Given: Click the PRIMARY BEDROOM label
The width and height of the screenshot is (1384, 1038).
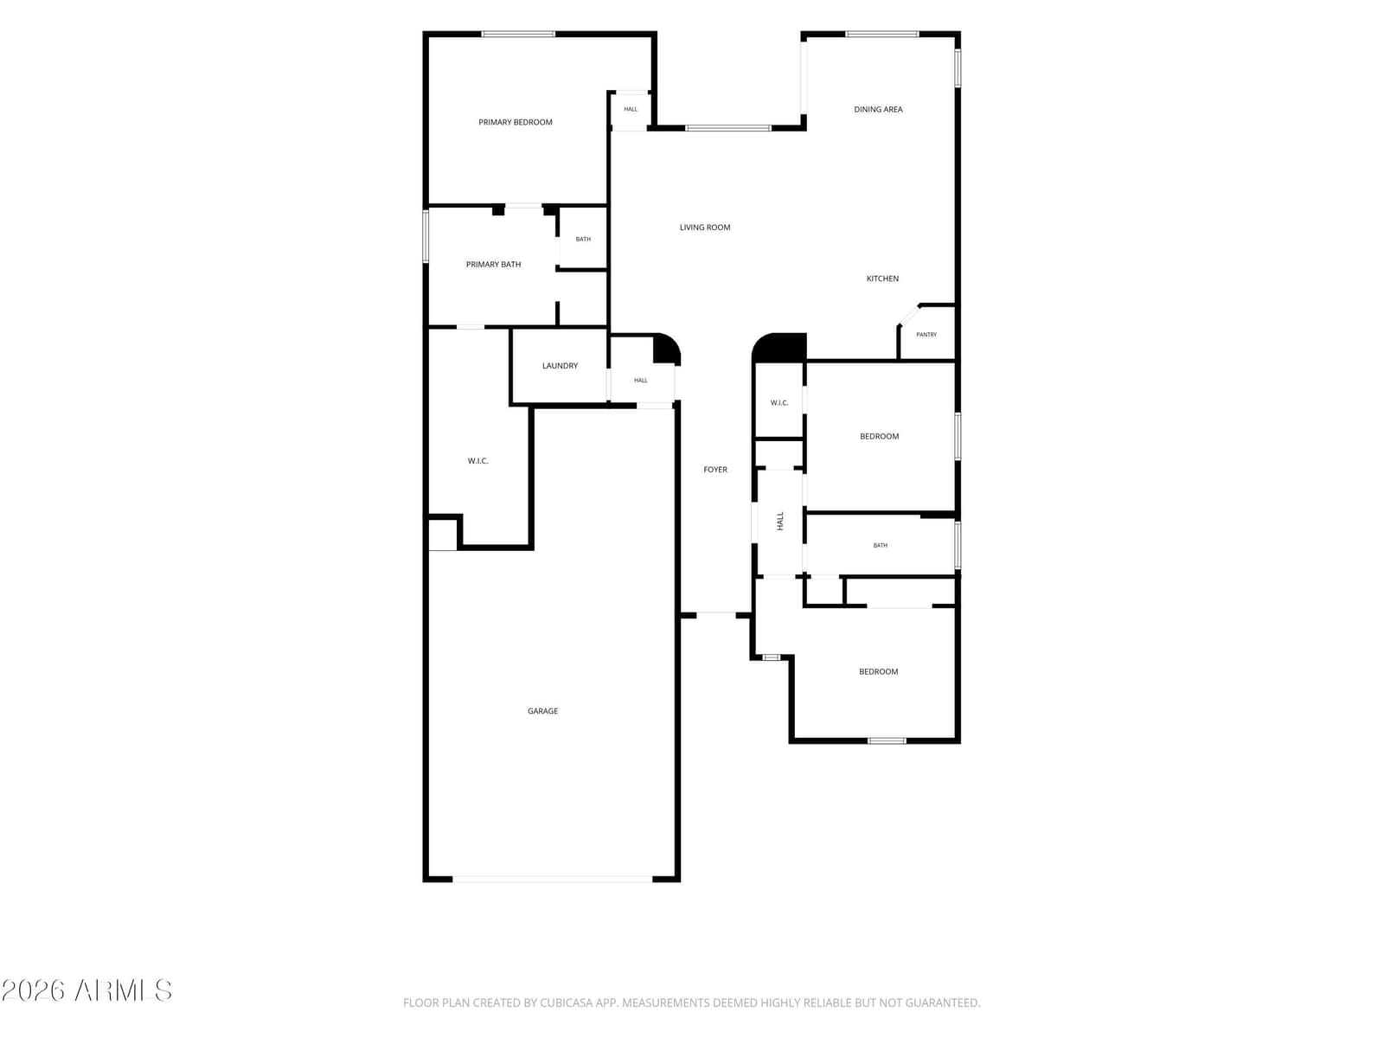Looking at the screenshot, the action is [516, 122].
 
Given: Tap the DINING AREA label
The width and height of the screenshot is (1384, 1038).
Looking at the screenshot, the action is [878, 110].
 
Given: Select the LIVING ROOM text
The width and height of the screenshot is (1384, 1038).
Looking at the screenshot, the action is [705, 227].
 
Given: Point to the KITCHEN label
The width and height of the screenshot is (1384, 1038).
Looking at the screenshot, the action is [882, 279].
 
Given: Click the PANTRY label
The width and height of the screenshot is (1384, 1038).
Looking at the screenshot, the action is [926, 335].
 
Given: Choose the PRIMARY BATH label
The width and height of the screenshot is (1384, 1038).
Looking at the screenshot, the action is [493, 265].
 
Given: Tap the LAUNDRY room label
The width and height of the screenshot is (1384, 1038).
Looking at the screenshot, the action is [560, 366].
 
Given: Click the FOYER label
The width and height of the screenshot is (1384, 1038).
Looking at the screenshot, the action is [715, 470].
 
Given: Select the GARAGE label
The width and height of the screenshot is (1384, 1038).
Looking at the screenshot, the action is [542, 711].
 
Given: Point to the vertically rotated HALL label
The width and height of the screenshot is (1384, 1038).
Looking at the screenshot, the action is [780, 521].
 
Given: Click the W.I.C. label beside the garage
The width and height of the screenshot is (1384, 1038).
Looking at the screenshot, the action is [478, 461].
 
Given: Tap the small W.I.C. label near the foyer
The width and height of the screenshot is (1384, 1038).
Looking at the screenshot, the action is [779, 403].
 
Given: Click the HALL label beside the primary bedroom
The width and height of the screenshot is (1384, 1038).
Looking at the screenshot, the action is [631, 109].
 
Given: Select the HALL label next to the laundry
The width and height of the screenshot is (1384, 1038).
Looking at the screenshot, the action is [641, 380].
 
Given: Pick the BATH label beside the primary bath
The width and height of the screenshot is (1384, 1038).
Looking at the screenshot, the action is [583, 239].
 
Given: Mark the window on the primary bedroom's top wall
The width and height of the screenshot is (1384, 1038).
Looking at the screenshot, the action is [518, 34].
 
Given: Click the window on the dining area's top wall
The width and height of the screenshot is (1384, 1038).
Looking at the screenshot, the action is [881, 34].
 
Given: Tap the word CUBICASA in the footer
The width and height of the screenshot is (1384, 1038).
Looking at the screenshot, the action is [567, 1003].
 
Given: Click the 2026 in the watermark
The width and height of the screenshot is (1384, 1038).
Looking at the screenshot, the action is [34, 990].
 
